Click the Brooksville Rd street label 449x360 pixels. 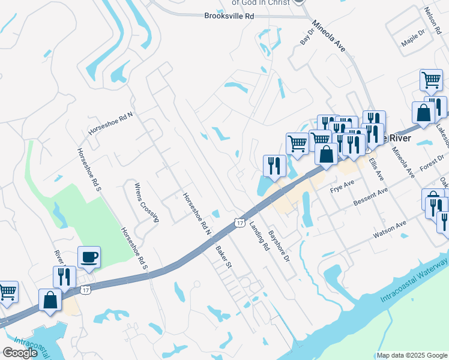coord(229,17)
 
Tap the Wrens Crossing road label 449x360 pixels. coord(146,202)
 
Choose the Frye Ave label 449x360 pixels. coord(343,189)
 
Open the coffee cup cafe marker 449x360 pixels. coord(89,257)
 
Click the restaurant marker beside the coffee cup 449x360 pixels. coord(64,276)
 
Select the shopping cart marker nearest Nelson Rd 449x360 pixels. coord(431,80)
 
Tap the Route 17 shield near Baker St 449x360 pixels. coord(240,223)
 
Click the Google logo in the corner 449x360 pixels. coord(20,353)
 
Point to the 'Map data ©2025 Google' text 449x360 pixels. coord(411,355)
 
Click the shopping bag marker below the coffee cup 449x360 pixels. coord(50,299)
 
